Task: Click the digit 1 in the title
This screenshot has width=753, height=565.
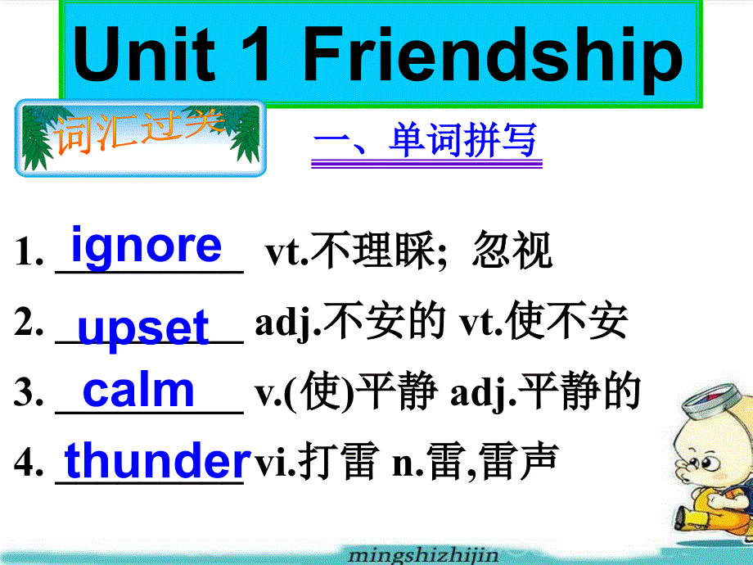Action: click(x=255, y=54)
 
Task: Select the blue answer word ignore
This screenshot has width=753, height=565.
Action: click(x=147, y=246)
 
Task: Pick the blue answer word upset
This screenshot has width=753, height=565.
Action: click(x=143, y=328)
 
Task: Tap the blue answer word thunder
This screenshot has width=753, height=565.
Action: click(x=157, y=460)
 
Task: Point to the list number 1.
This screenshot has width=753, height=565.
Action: click(x=29, y=251)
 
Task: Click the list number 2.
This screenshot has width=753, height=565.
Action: click(x=29, y=322)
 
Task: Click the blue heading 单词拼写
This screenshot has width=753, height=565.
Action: click(x=462, y=140)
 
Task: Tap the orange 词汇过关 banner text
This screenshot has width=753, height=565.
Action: click(x=139, y=131)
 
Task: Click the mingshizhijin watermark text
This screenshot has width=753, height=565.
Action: click(x=423, y=555)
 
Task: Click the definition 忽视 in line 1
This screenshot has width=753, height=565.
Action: click(x=512, y=250)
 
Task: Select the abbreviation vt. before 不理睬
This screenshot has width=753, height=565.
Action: click(x=287, y=251)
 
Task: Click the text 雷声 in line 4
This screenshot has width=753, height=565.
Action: click(x=518, y=461)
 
